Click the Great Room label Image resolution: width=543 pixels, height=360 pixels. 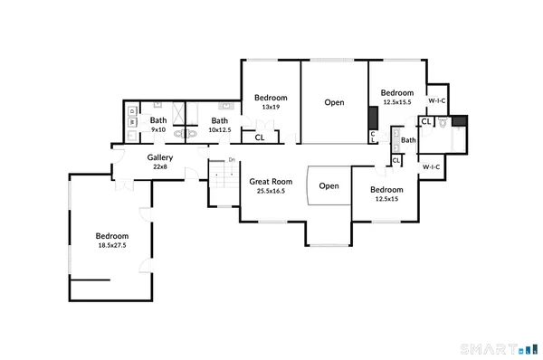[271, 182]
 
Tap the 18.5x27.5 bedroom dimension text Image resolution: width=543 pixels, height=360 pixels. [112, 245]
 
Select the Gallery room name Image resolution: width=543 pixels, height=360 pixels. [160, 156]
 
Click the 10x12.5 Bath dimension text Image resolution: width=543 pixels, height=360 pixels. [220, 130]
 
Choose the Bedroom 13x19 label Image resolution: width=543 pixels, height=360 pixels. [270, 98]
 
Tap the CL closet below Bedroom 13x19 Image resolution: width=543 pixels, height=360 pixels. [260, 138]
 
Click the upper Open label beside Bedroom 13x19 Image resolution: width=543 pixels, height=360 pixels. [334, 102]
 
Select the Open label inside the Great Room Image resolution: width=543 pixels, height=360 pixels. [329, 186]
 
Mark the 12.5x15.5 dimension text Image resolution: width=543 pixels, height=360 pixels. [397, 102]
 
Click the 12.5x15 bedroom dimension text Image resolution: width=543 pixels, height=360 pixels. [387, 199]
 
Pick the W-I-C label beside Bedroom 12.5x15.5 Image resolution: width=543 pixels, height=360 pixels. [437, 100]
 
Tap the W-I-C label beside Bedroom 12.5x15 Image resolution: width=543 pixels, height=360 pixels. [431, 166]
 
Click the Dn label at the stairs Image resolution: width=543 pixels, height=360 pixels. [232, 161]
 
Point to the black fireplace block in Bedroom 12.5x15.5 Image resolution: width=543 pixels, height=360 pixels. [372, 119]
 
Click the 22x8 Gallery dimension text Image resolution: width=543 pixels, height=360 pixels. [160, 166]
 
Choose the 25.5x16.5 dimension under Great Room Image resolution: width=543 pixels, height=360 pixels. [271, 191]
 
